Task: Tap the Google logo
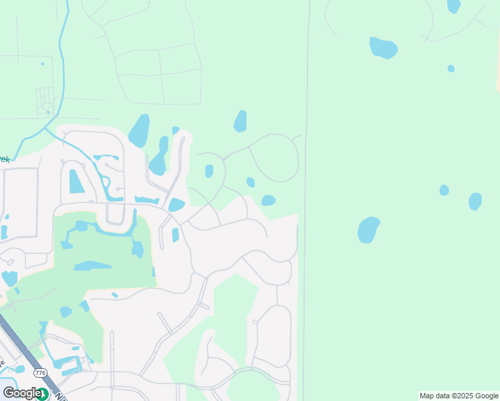tap(21, 393)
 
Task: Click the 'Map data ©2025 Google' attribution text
tap(459, 396)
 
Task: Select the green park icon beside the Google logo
tap(43, 394)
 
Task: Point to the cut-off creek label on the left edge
tap(4, 159)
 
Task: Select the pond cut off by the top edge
tap(454, 5)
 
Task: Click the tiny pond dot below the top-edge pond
tap(451, 68)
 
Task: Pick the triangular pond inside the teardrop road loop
tap(76, 181)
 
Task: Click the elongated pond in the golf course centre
tap(92, 266)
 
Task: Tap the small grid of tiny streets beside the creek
tap(45, 100)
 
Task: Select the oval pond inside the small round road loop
tap(209, 171)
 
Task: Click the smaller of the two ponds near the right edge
tap(445, 190)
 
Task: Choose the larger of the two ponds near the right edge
tap(475, 201)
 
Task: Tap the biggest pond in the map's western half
tap(139, 131)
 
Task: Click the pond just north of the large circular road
tap(240, 122)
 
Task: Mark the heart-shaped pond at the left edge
tap(9, 278)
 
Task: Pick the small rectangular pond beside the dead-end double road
tap(175, 235)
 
